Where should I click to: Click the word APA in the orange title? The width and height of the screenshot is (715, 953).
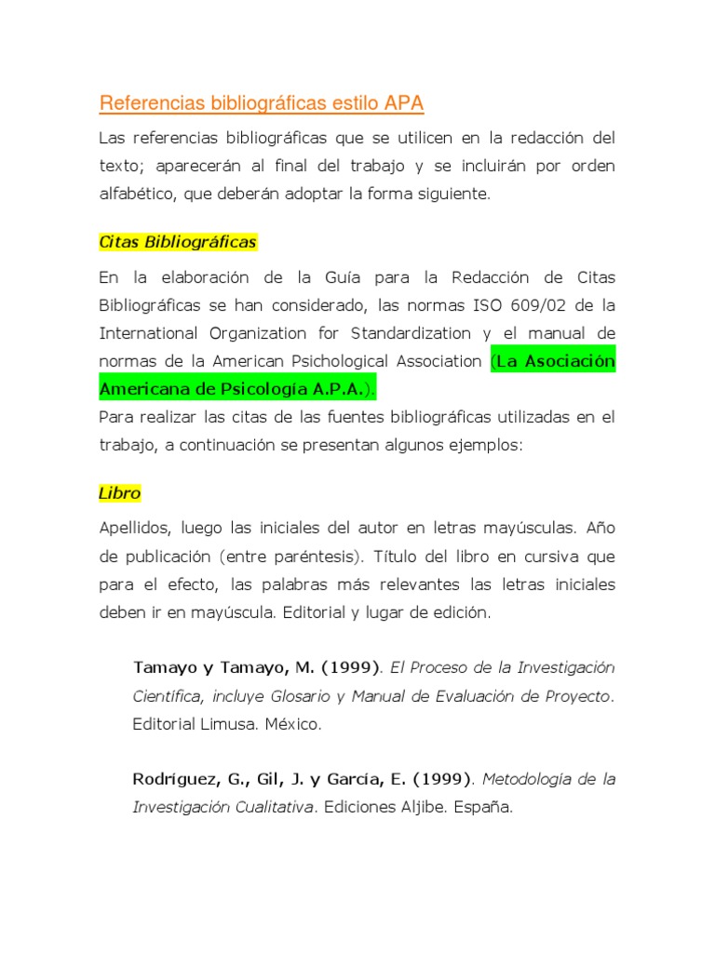click(x=405, y=102)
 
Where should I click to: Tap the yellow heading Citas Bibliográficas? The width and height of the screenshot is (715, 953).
click(x=178, y=242)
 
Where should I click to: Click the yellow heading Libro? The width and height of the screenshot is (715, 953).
click(x=119, y=492)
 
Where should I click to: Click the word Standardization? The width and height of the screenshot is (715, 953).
click(x=411, y=333)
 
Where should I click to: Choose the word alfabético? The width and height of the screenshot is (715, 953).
click(x=137, y=195)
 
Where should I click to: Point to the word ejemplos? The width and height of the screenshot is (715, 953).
click(x=489, y=445)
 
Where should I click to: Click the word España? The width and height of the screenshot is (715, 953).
click(x=483, y=807)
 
